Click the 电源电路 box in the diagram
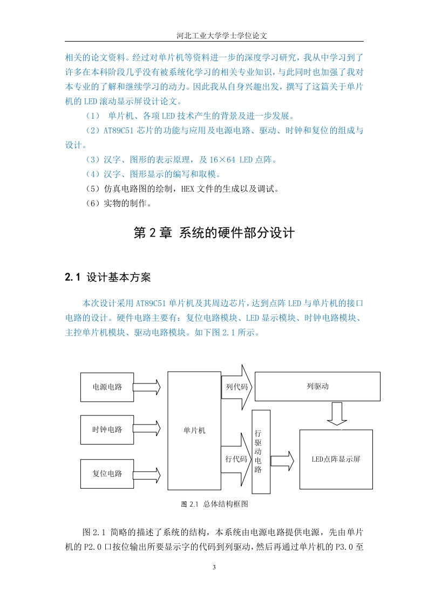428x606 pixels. (107, 387)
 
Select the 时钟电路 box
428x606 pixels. (107, 430)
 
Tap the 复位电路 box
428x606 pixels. (107, 474)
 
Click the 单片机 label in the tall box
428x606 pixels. (194, 430)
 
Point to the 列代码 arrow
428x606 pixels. (236, 387)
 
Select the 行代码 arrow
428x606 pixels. (236, 459)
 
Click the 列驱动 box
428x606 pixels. (317, 387)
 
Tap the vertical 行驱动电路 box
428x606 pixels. (261, 452)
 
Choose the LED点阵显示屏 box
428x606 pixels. (336, 459)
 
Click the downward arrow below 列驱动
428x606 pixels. (337, 414)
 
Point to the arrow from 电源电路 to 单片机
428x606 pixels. (147, 387)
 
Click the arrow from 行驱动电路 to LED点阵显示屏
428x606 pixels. (282, 461)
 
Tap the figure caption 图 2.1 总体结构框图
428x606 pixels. (214, 504)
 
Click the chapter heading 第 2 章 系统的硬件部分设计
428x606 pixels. (214, 233)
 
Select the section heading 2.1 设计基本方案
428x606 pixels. (108, 277)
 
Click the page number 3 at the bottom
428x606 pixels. (214, 567)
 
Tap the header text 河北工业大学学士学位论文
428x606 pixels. (222, 36)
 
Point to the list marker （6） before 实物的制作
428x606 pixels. (93, 203)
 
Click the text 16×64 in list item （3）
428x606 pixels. (222, 160)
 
